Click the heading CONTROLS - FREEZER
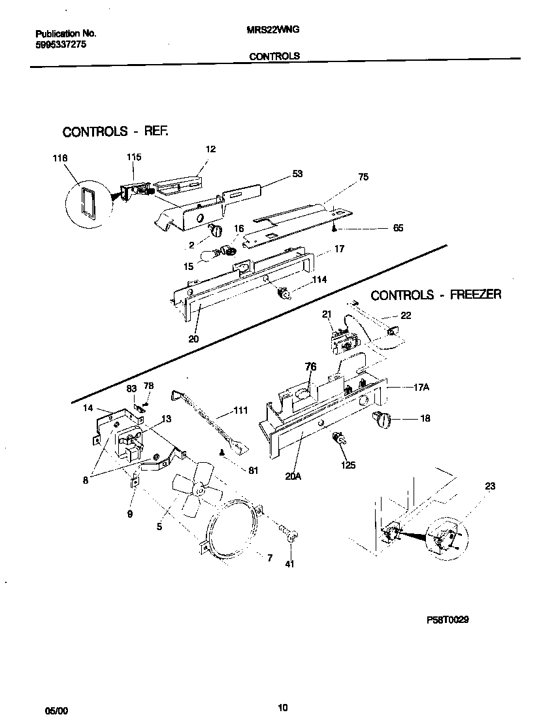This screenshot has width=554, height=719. [x=436, y=295]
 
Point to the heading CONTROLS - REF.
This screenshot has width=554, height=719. [x=115, y=132]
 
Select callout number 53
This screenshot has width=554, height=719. [x=297, y=174]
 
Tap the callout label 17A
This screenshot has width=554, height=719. [x=421, y=387]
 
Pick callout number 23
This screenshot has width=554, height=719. [x=491, y=486]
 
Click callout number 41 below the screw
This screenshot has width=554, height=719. [x=290, y=564]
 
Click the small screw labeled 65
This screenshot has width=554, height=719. [x=334, y=228]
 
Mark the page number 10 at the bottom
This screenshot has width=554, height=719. [x=282, y=707]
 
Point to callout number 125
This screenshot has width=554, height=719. [x=348, y=465]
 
